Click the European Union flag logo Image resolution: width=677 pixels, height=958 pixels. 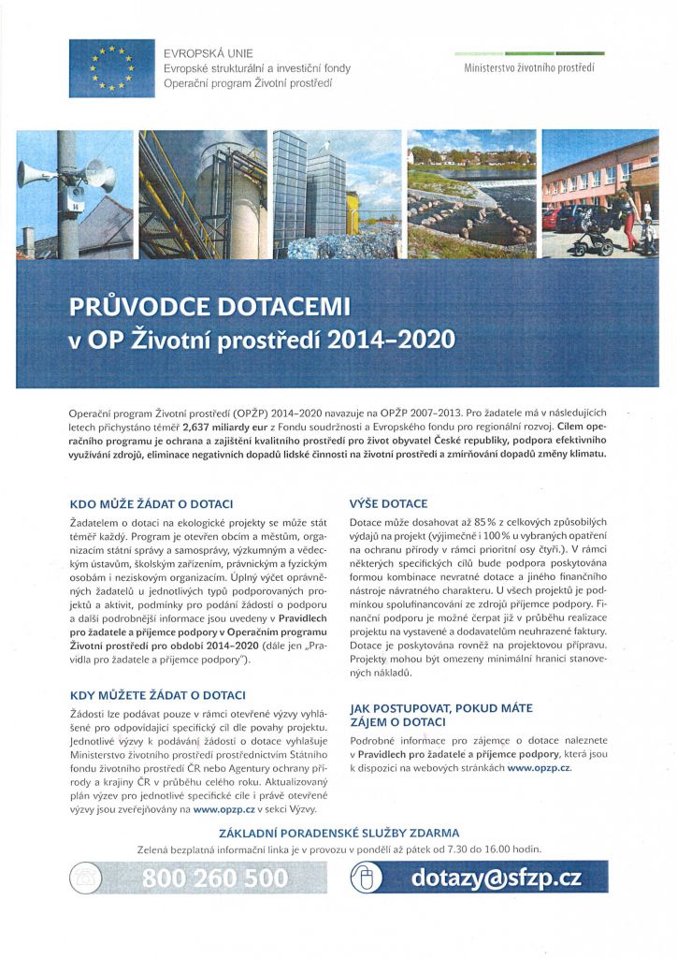coord(111,69)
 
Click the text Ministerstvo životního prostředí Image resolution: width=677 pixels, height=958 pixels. coord(529,68)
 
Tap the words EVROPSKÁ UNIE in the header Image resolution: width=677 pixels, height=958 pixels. coord(208,54)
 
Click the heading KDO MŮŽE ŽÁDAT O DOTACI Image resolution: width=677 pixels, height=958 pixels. coord(151,503)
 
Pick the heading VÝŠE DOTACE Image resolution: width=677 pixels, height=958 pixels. coord(388,503)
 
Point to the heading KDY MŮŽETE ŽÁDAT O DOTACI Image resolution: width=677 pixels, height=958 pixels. coord(158,695)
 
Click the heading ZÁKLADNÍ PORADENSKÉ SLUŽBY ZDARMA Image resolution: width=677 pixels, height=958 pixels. coord(338,832)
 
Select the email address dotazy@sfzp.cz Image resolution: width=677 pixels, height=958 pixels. coord(496,878)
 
